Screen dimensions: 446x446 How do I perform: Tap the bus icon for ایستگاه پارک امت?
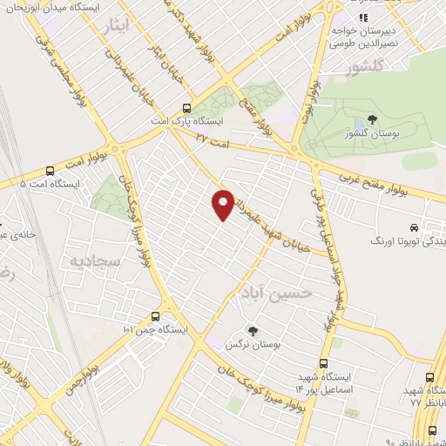(x=186, y=109)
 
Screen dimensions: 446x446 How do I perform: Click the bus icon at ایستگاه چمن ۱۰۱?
(x=155, y=316)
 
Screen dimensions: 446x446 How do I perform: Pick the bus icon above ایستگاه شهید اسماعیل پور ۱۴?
(x=324, y=364)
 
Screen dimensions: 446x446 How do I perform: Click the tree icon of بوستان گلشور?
(x=372, y=119)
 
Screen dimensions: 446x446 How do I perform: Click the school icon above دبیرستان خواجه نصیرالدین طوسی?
(x=363, y=17)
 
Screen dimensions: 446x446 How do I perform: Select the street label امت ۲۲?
(x=213, y=137)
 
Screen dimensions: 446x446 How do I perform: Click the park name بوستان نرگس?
(x=253, y=346)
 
